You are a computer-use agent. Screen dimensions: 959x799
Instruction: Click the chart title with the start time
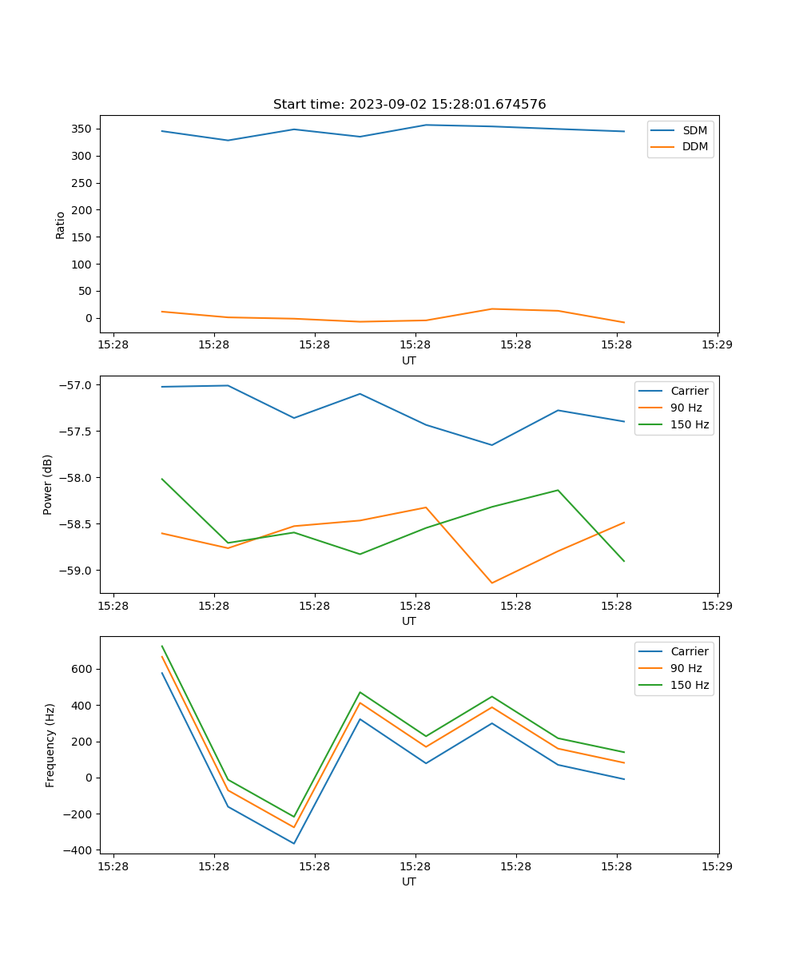point(409,105)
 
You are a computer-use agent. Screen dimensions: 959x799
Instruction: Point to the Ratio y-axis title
point(61,225)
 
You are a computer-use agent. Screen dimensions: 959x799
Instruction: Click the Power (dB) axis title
point(48,484)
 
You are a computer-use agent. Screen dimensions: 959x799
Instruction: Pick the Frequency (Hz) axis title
point(50,745)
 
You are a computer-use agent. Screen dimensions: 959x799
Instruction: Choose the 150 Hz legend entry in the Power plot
point(689,424)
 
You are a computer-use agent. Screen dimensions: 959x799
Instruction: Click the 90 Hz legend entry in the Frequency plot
point(686,668)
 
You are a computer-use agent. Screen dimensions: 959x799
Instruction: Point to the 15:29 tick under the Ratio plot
point(717,345)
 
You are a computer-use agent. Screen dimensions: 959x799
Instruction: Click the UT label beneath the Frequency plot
point(409,881)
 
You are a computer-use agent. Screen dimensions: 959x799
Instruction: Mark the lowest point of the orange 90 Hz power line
point(492,583)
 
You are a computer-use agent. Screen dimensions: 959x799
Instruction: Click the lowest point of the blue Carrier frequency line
point(294,843)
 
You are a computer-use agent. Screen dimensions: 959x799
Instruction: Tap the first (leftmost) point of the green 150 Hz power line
point(162,479)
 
